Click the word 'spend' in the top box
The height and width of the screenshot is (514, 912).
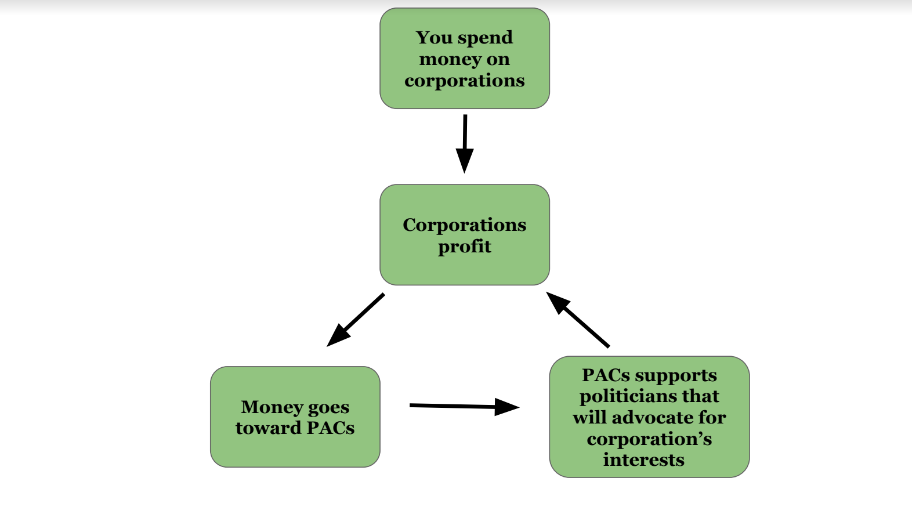pos(486,38)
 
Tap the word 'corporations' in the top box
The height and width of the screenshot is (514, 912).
pos(465,81)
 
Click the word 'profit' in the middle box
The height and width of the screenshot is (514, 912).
pos(465,247)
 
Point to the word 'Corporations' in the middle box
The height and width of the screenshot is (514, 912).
pos(465,225)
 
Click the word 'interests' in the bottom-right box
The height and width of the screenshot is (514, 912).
pos(644,460)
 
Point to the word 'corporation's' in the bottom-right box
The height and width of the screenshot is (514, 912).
pos(649,439)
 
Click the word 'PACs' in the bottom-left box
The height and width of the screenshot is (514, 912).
pos(330,428)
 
